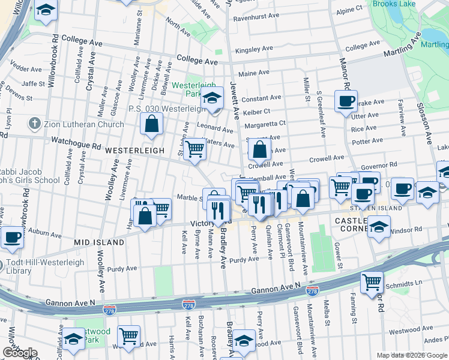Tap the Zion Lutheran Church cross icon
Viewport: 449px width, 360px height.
[x=34, y=124]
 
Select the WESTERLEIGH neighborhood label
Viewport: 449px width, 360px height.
[x=134, y=151]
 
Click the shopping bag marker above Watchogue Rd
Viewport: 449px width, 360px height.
[x=152, y=124]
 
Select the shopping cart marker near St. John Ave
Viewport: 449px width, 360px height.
[x=194, y=148]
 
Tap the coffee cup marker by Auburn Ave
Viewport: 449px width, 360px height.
[x=12, y=236]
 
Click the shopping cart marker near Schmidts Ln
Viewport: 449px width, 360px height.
[x=372, y=281]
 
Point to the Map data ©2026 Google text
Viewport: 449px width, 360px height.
[x=411, y=355]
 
